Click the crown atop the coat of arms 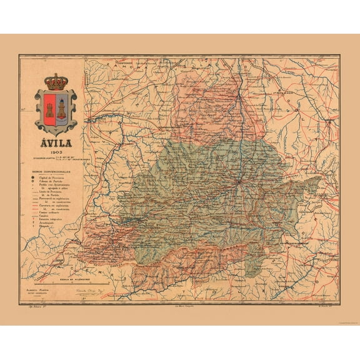pos(56,81)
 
